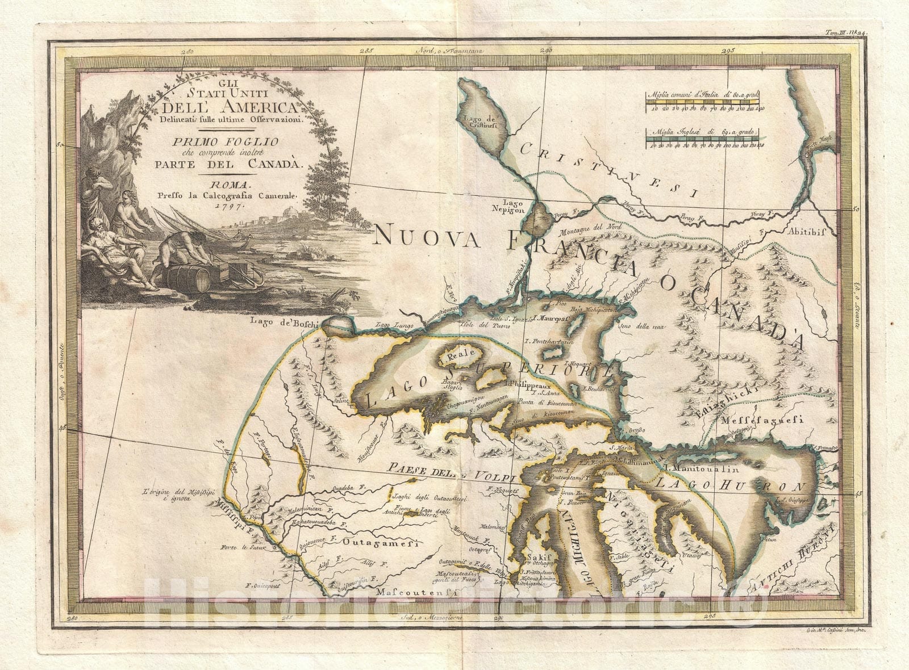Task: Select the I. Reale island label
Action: point(453,356)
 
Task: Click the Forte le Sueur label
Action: point(235,549)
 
